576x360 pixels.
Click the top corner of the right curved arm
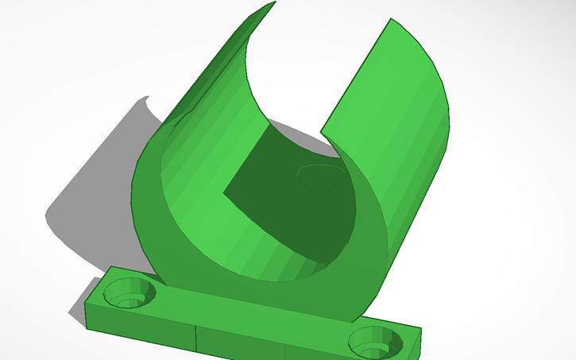(x=390, y=20)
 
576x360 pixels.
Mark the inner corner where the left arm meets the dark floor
(x=224, y=192)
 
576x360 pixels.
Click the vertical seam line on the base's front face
(x=195, y=338)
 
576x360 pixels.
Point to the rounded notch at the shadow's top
(x=143, y=101)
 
